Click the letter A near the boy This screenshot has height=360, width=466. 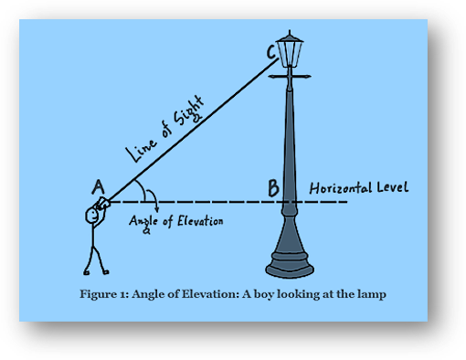[x=98, y=187]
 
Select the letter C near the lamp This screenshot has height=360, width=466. [x=271, y=54]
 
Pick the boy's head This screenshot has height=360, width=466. [x=94, y=215]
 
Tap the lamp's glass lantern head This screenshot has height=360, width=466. [x=292, y=54]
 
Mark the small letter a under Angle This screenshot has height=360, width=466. [x=147, y=232]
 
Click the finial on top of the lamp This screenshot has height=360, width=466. [x=292, y=34]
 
